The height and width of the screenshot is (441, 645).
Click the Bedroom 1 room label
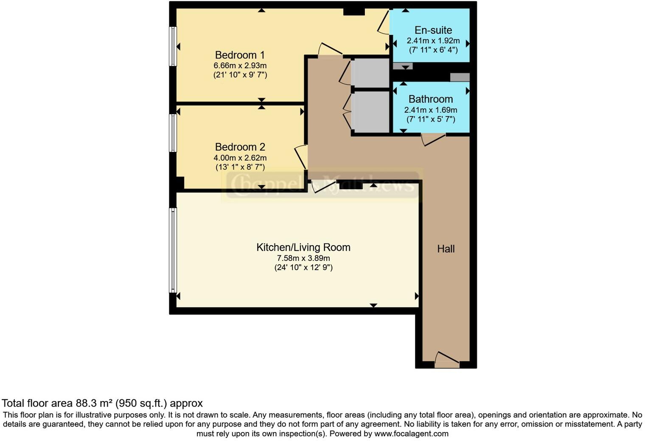pyautogui.click(x=240, y=55)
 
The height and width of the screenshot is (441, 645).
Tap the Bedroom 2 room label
pyautogui.click(x=240, y=147)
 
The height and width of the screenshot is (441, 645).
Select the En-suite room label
pyautogui.click(x=433, y=30)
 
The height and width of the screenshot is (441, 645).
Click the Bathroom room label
pyautogui.click(x=430, y=99)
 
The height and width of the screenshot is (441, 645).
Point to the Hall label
pyautogui.click(x=446, y=249)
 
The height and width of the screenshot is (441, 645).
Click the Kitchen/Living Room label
pyautogui.click(x=303, y=247)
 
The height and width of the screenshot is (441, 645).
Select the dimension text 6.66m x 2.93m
pyautogui.click(x=240, y=66)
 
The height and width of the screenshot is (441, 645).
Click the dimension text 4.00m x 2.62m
pyautogui.click(x=240, y=158)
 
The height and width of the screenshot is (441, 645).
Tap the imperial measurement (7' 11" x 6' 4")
pyautogui.click(x=433, y=50)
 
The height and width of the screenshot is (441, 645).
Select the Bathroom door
pyautogui.click(x=433, y=140)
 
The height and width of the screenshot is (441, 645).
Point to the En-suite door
pyautogui.click(x=384, y=23)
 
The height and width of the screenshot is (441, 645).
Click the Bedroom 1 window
pyautogui.click(x=173, y=46)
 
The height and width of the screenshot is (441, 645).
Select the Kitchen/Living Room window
pyautogui.click(x=173, y=250)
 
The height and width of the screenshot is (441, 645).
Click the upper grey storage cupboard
pyautogui.click(x=370, y=73)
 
